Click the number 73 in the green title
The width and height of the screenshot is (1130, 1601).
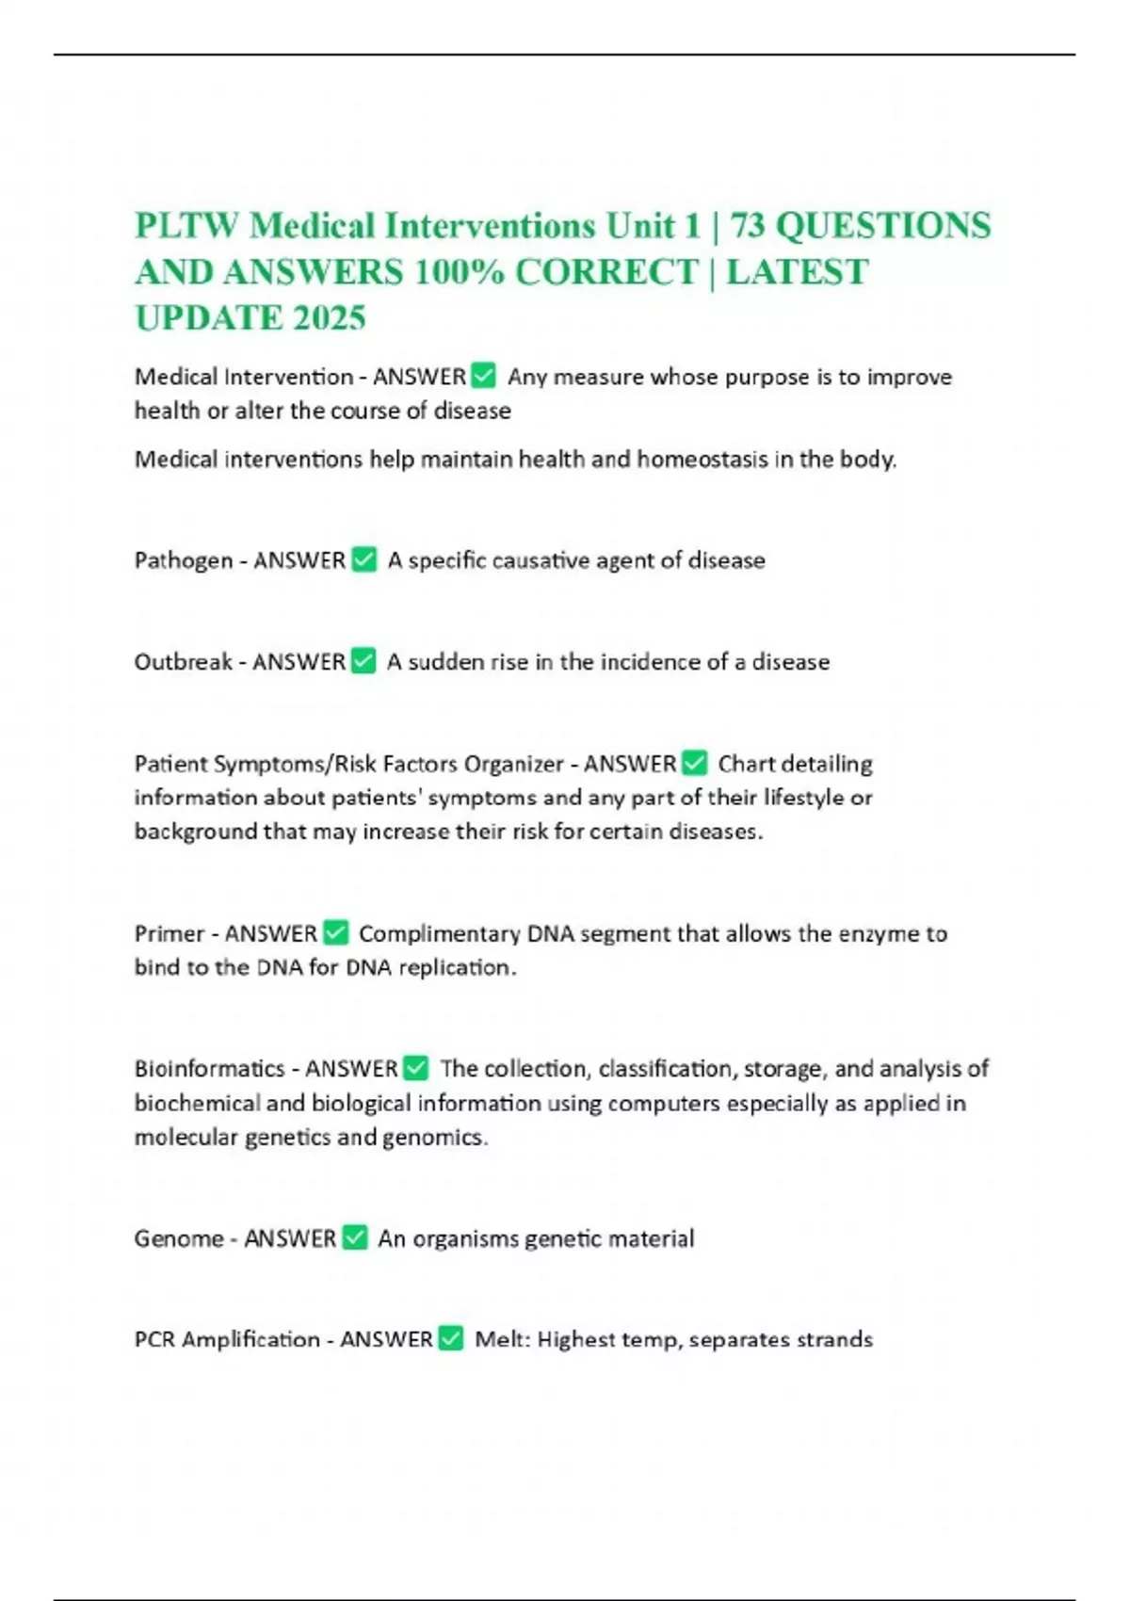pyautogui.click(x=747, y=226)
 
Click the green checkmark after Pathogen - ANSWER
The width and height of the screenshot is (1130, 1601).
pyautogui.click(x=363, y=560)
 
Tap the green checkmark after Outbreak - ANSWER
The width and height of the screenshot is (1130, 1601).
pyautogui.click(x=363, y=662)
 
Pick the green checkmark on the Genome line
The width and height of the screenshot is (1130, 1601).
pyautogui.click(x=355, y=1237)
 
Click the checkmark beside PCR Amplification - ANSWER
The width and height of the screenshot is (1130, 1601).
pyautogui.click(x=451, y=1339)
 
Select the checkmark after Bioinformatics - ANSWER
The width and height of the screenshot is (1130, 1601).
pyautogui.click(x=415, y=1069)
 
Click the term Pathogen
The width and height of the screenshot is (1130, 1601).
pyautogui.click(x=183, y=560)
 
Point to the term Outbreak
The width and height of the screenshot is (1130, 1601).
pyautogui.click(x=183, y=662)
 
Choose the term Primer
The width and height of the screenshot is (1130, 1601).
pyautogui.click(x=169, y=933)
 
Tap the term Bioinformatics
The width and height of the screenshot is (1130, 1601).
pyautogui.click(x=209, y=1069)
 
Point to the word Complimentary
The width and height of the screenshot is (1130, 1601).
pyautogui.click(x=439, y=933)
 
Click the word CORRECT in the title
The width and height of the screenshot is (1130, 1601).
pyautogui.click(x=606, y=272)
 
